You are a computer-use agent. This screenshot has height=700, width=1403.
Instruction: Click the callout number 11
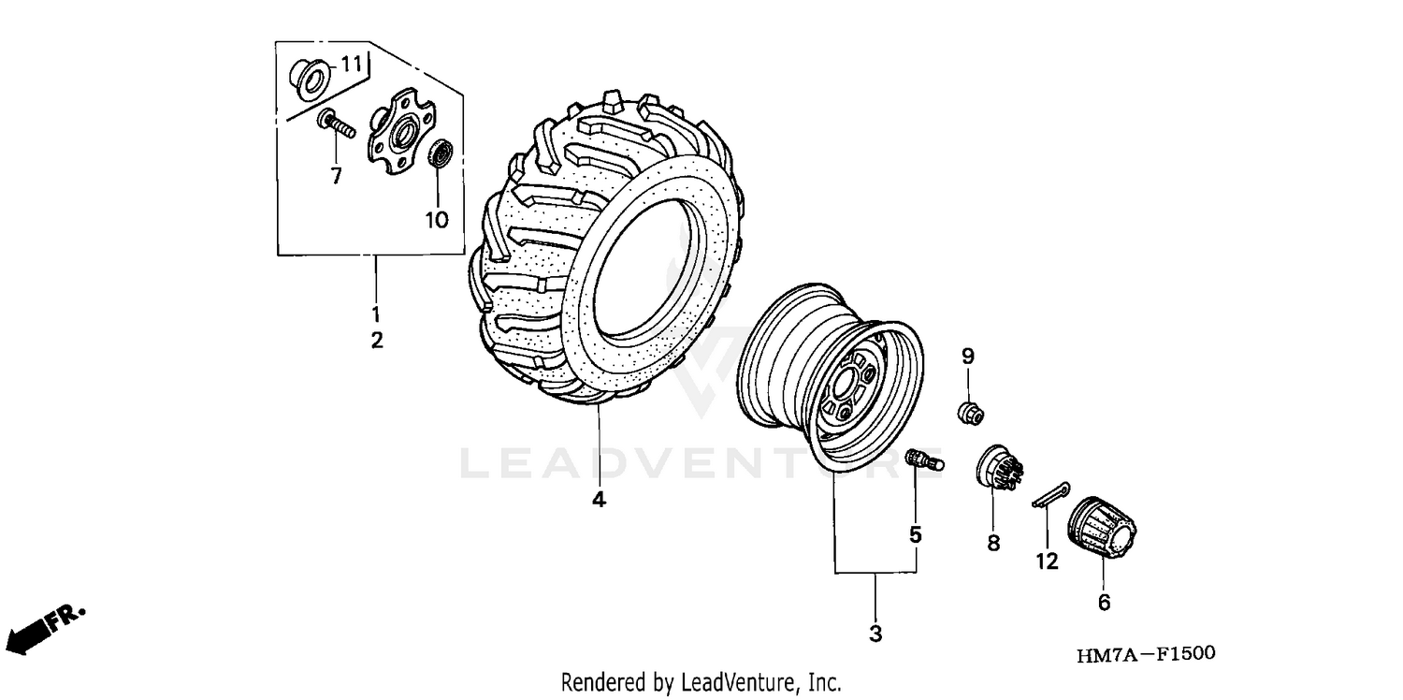coord(350,65)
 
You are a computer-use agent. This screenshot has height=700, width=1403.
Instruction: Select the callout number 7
coord(336,175)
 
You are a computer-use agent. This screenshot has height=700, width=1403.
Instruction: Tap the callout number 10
coord(437,220)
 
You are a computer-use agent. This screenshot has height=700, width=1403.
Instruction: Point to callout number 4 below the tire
coord(599,500)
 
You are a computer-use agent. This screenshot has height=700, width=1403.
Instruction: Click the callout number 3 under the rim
coord(875,634)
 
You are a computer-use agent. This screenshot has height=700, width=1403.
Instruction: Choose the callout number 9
coord(968,356)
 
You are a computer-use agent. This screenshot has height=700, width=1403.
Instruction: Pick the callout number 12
coord(1047,561)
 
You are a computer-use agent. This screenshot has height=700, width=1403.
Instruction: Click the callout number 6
coord(1104,604)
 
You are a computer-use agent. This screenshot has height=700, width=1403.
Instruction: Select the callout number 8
coord(992,542)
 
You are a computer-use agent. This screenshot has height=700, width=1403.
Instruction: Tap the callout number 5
coord(915,534)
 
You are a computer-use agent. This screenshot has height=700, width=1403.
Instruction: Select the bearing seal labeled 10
coord(440,153)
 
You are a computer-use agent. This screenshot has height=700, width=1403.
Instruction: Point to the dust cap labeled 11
coord(308,78)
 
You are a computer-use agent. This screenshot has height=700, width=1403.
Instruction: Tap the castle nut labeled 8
coord(997,468)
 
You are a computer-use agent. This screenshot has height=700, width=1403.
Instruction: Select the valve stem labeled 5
coord(926,459)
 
